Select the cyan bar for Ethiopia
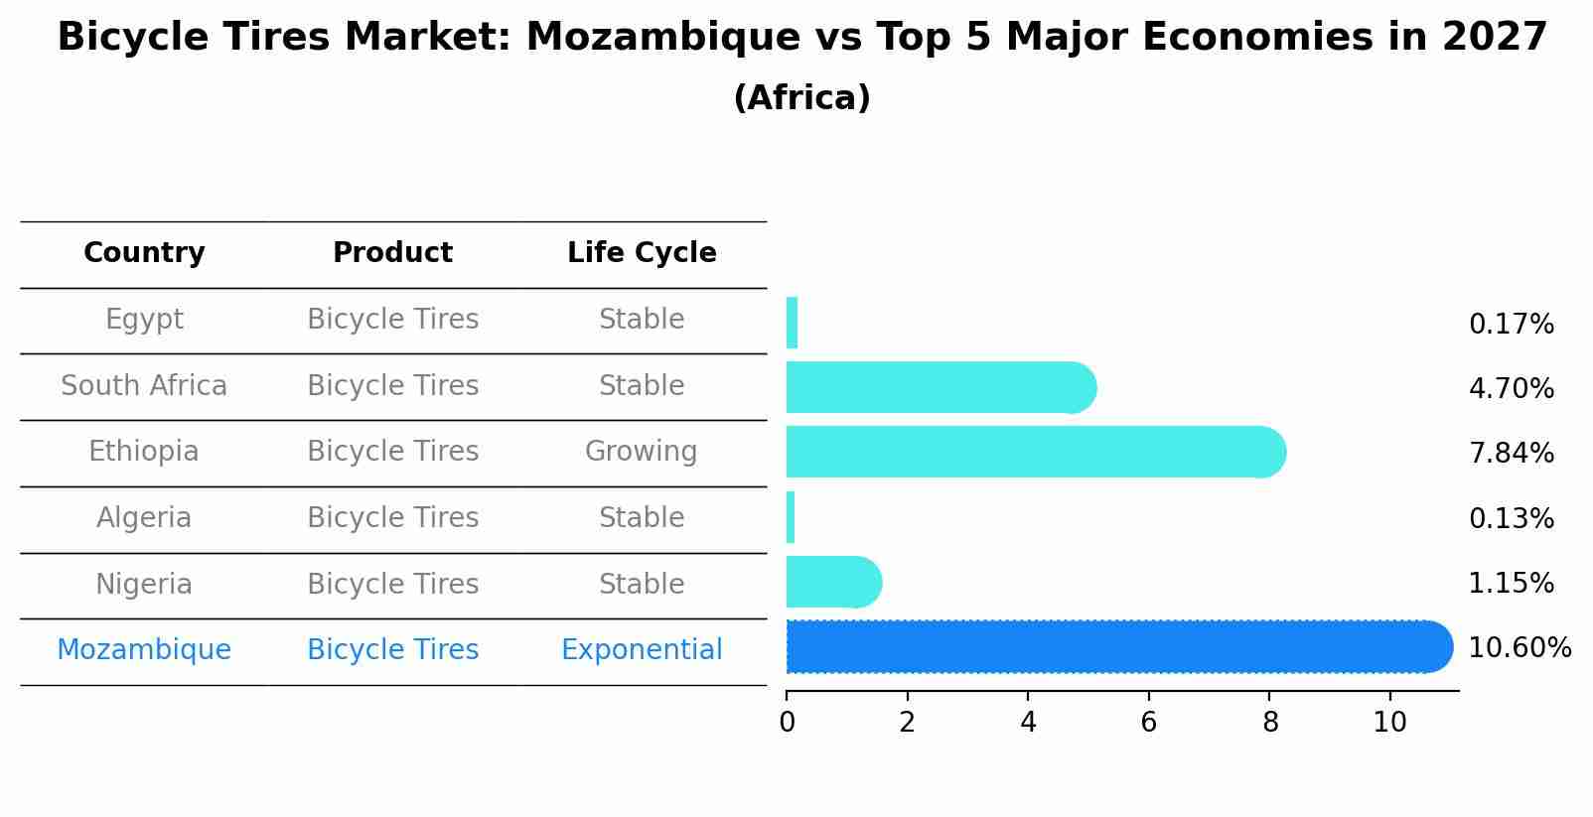(1033, 452)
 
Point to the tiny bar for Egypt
(792, 323)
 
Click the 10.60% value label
(1519, 648)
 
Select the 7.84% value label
(1511, 454)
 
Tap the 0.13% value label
(1511, 518)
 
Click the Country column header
(144, 253)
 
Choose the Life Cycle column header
(642, 253)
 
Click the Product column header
(392, 253)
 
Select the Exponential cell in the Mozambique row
(642, 650)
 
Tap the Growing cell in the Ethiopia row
(642, 452)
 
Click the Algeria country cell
(144, 518)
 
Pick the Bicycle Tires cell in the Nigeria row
(392, 584)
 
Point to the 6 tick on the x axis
(1148, 723)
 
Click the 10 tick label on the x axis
(1389, 723)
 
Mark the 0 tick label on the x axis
(787, 723)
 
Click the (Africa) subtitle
(801, 98)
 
